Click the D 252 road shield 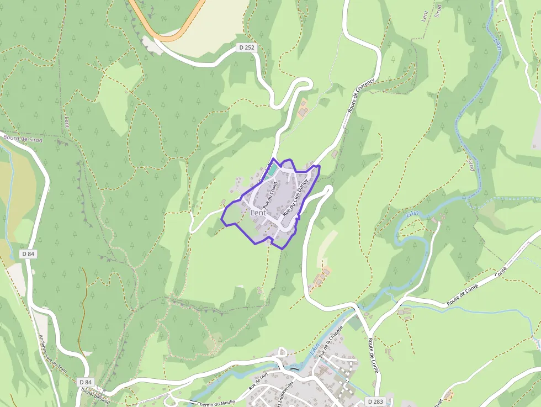(247, 47)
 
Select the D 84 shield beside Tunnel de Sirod (86, 382)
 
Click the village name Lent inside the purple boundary (258, 213)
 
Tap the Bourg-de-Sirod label (22, 138)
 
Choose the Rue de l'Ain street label (258, 382)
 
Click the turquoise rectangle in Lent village (270, 172)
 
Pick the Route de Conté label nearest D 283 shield (373, 356)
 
